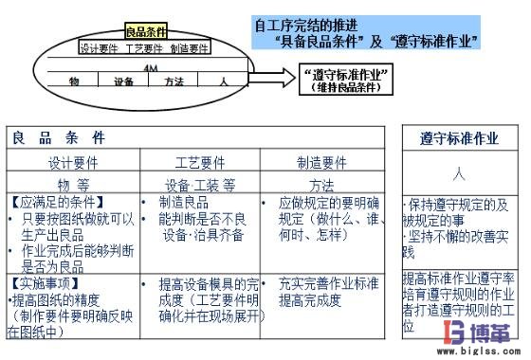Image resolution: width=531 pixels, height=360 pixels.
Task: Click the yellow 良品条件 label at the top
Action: (146, 33)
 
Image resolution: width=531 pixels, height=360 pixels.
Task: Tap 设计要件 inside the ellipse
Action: (98, 48)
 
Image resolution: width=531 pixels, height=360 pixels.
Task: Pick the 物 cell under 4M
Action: (73, 82)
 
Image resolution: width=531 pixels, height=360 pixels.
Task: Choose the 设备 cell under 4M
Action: (123, 82)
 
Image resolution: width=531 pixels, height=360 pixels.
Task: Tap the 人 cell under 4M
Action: (221, 82)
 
